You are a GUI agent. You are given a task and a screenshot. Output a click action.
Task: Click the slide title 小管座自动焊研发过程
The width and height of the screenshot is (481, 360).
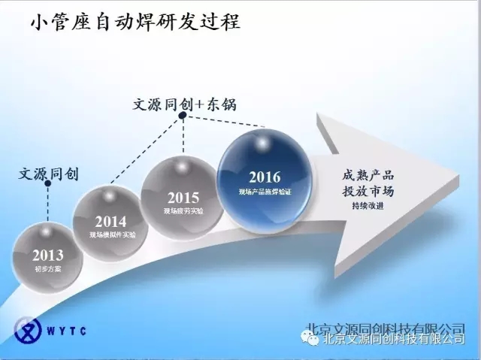pyautogui.click(x=135, y=22)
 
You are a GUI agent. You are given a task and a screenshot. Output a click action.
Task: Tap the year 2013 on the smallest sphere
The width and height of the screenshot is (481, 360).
pyautogui.click(x=48, y=256)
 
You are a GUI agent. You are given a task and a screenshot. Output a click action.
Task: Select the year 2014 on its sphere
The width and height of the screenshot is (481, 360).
pyautogui.click(x=110, y=222)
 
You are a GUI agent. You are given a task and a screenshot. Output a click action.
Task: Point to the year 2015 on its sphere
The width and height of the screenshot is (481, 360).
pyautogui.click(x=183, y=198)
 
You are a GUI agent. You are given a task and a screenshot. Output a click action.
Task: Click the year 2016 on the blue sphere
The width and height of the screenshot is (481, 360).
pyautogui.click(x=265, y=177)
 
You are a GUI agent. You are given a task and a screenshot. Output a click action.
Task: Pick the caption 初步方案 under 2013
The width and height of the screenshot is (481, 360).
pyautogui.click(x=48, y=268)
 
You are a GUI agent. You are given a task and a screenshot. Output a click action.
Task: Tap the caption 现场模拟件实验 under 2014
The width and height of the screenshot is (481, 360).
pyautogui.click(x=110, y=234)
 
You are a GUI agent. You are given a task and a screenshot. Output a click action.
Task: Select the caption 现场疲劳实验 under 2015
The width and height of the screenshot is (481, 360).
pyautogui.click(x=183, y=211)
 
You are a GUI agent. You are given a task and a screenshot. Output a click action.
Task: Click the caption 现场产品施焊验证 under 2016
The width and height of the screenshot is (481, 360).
pyautogui.click(x=265, y=192)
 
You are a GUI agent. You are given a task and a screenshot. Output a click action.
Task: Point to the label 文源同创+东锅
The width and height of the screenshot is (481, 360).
pyautogui.click(x=184, y=104)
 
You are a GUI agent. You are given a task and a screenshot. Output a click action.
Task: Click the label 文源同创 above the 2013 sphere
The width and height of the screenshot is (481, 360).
pyautogui.click(x=48, y=174)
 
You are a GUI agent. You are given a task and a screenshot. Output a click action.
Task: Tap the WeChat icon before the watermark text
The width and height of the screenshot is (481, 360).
pyautogui.click(x=310, y=338)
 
